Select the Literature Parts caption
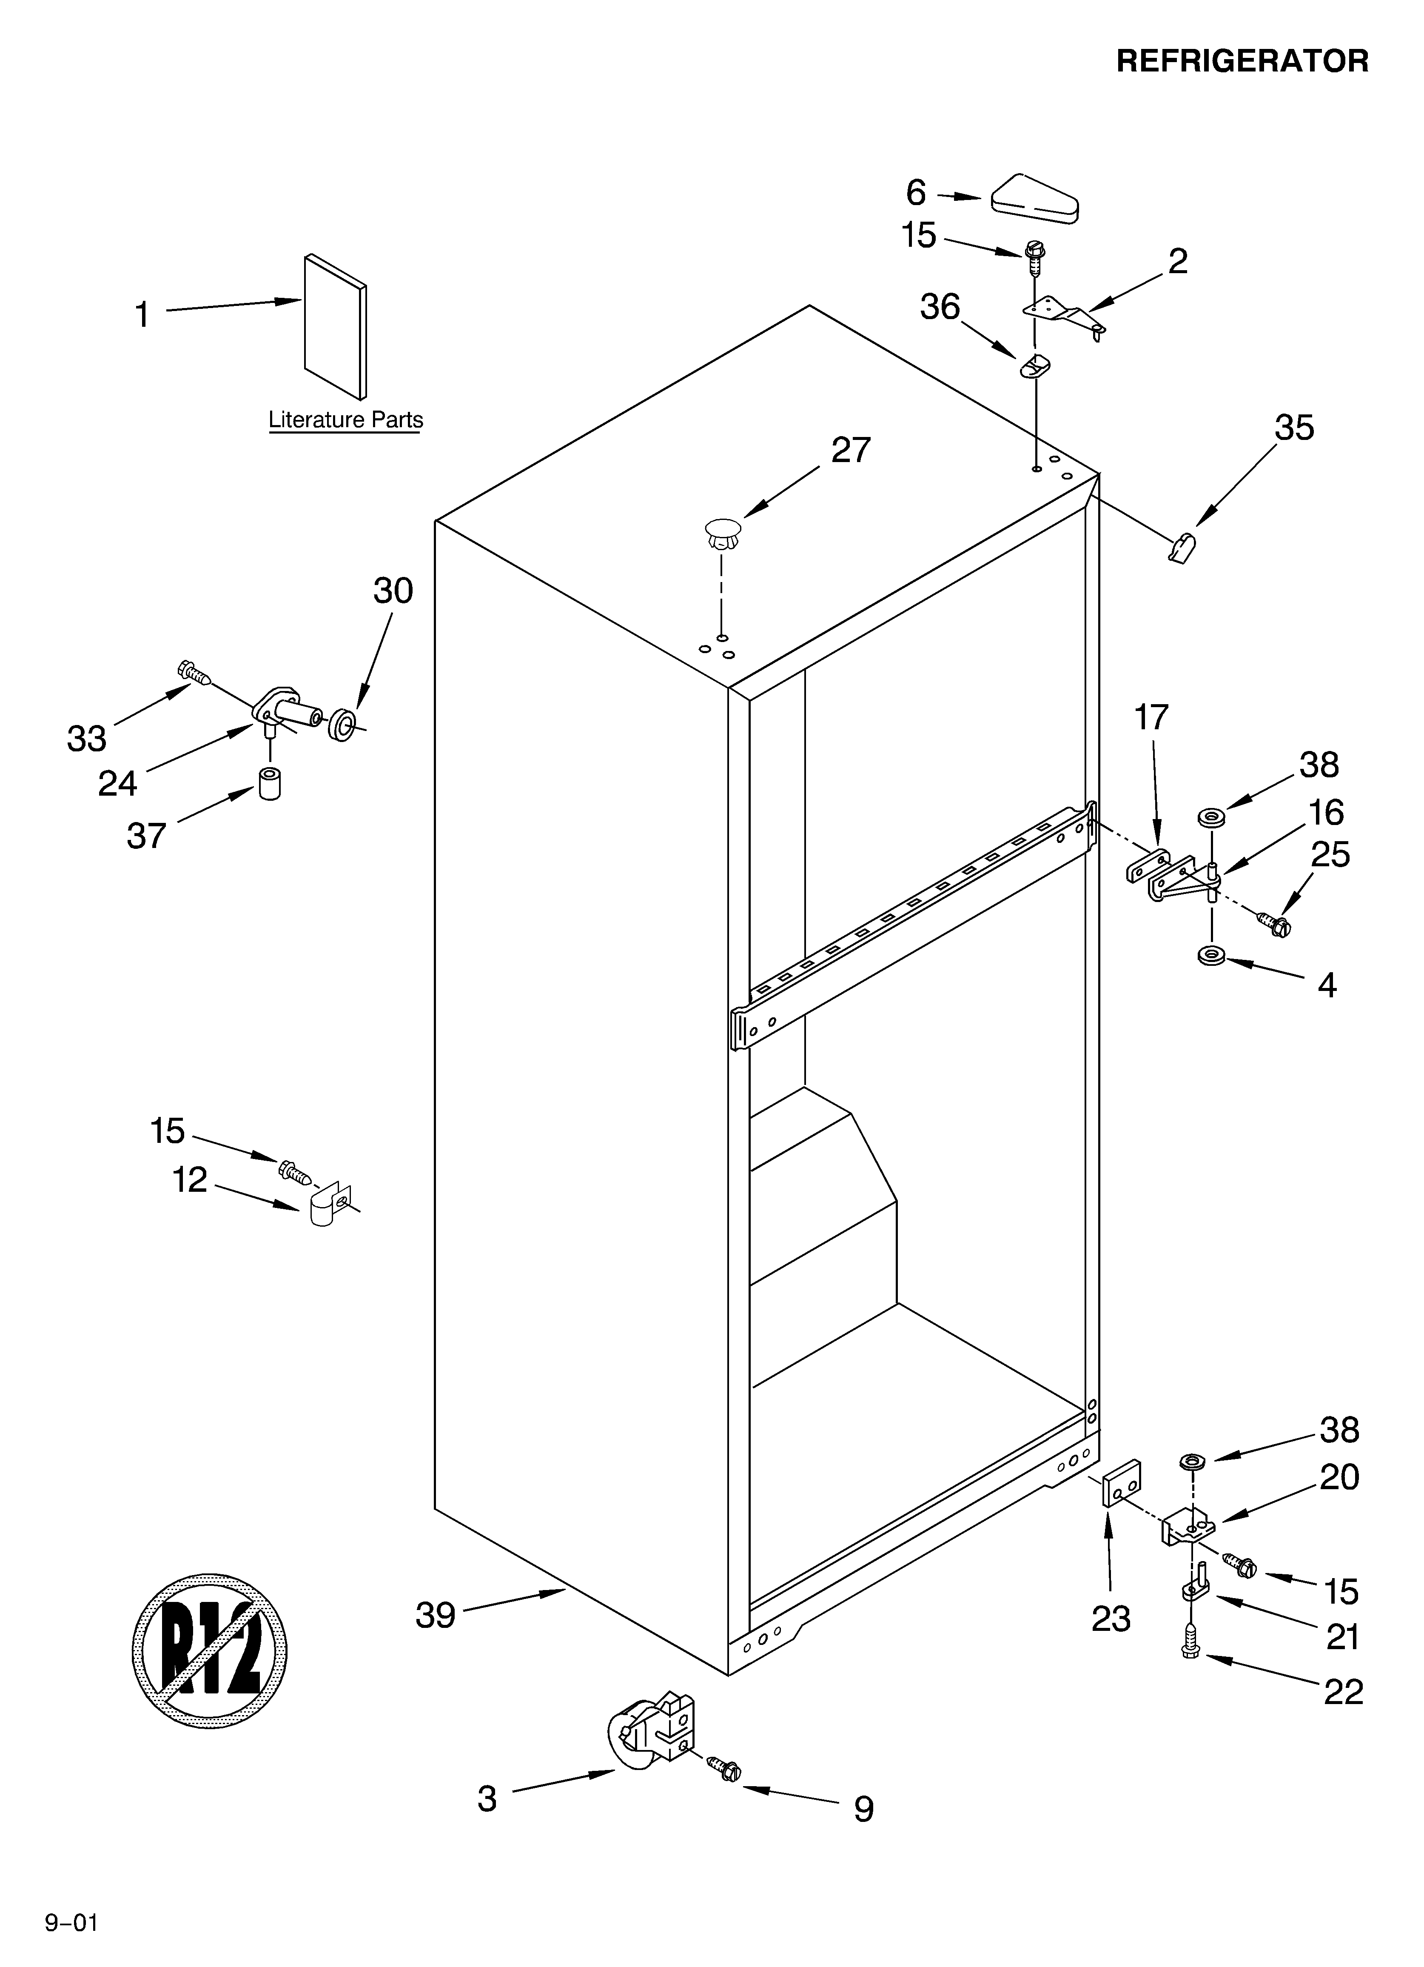pyautogui.click(x=345, y=420)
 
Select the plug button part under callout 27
pyautogui.click(x=723, y=532)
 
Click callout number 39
pyautogui.click(x=436, y=1615)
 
